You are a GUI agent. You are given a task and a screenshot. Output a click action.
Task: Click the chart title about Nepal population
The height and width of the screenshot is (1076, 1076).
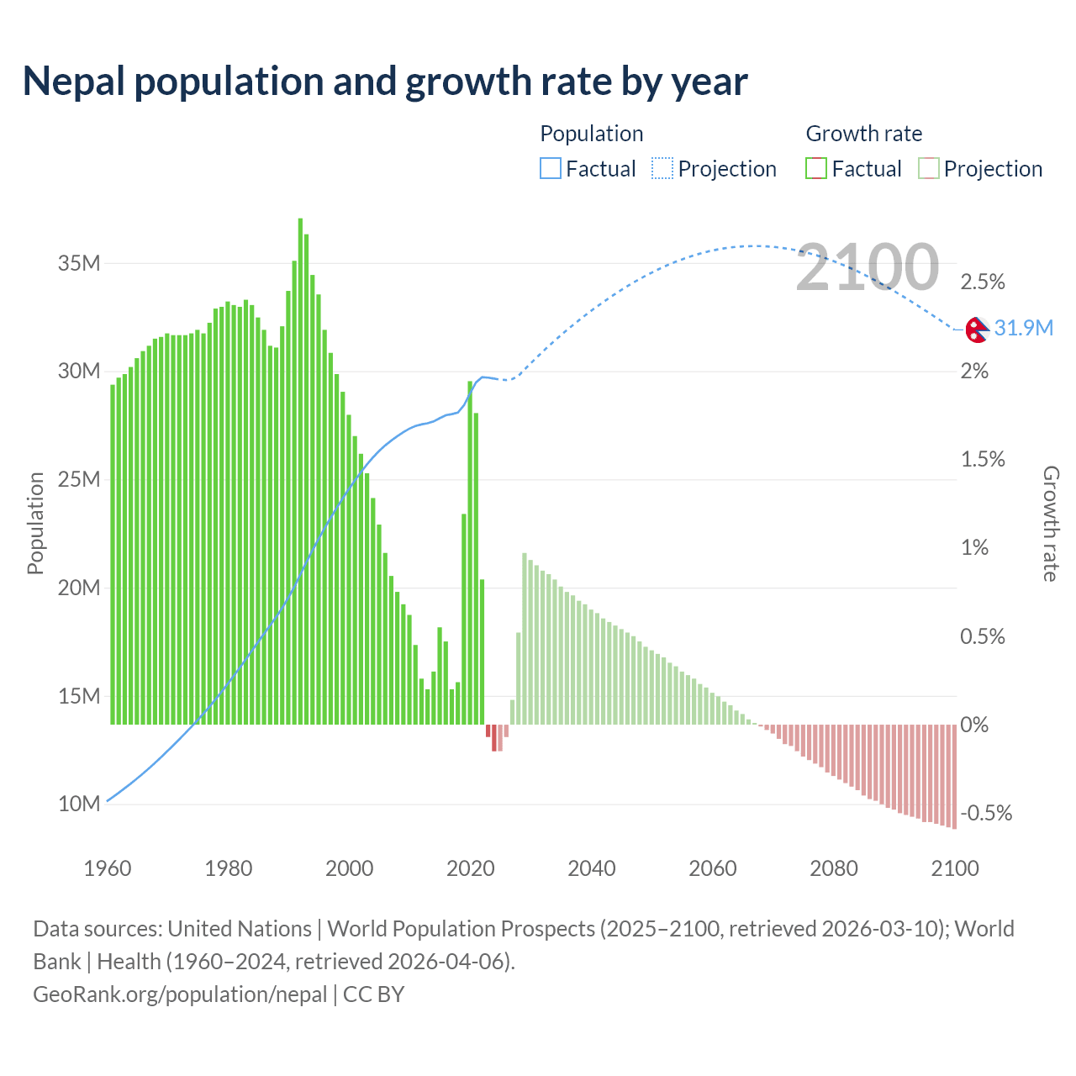385,82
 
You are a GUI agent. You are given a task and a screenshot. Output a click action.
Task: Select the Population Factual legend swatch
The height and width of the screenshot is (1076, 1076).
550,169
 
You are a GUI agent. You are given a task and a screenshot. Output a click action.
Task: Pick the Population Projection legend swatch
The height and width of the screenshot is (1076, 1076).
662,169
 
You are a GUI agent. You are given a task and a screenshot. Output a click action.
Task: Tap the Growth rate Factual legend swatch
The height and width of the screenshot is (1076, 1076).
815,169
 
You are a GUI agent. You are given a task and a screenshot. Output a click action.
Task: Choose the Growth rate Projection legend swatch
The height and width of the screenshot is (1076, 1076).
928,169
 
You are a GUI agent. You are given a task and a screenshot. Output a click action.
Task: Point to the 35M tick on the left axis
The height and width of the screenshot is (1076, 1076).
79,263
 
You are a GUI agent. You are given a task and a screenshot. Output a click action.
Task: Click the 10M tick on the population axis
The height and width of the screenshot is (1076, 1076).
79,804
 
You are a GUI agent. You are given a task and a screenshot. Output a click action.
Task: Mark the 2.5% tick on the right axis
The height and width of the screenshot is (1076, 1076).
983,282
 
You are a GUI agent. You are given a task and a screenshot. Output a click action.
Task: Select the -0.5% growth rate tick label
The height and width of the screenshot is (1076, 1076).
986,813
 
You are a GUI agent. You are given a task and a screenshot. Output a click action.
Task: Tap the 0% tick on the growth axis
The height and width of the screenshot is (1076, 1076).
974,725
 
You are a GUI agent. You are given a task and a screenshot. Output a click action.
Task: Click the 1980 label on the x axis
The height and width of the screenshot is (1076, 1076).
228,868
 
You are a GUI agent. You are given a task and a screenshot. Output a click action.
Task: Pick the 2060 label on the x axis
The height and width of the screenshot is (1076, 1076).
712,868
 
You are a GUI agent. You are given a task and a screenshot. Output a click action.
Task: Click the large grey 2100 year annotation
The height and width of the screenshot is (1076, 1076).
867,267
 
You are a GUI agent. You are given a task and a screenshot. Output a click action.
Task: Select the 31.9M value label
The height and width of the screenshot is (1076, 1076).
1023,328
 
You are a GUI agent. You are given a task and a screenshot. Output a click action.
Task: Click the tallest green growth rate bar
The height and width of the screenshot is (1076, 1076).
300,471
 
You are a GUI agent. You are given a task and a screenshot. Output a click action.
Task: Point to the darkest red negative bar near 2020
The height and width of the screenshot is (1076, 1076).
493,737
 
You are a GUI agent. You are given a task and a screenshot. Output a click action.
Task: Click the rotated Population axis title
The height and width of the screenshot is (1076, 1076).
35,523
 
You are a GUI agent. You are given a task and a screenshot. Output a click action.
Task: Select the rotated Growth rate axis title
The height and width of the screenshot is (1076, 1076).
1051,523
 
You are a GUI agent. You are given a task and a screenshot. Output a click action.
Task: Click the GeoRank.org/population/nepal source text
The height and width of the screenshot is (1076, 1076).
180,994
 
